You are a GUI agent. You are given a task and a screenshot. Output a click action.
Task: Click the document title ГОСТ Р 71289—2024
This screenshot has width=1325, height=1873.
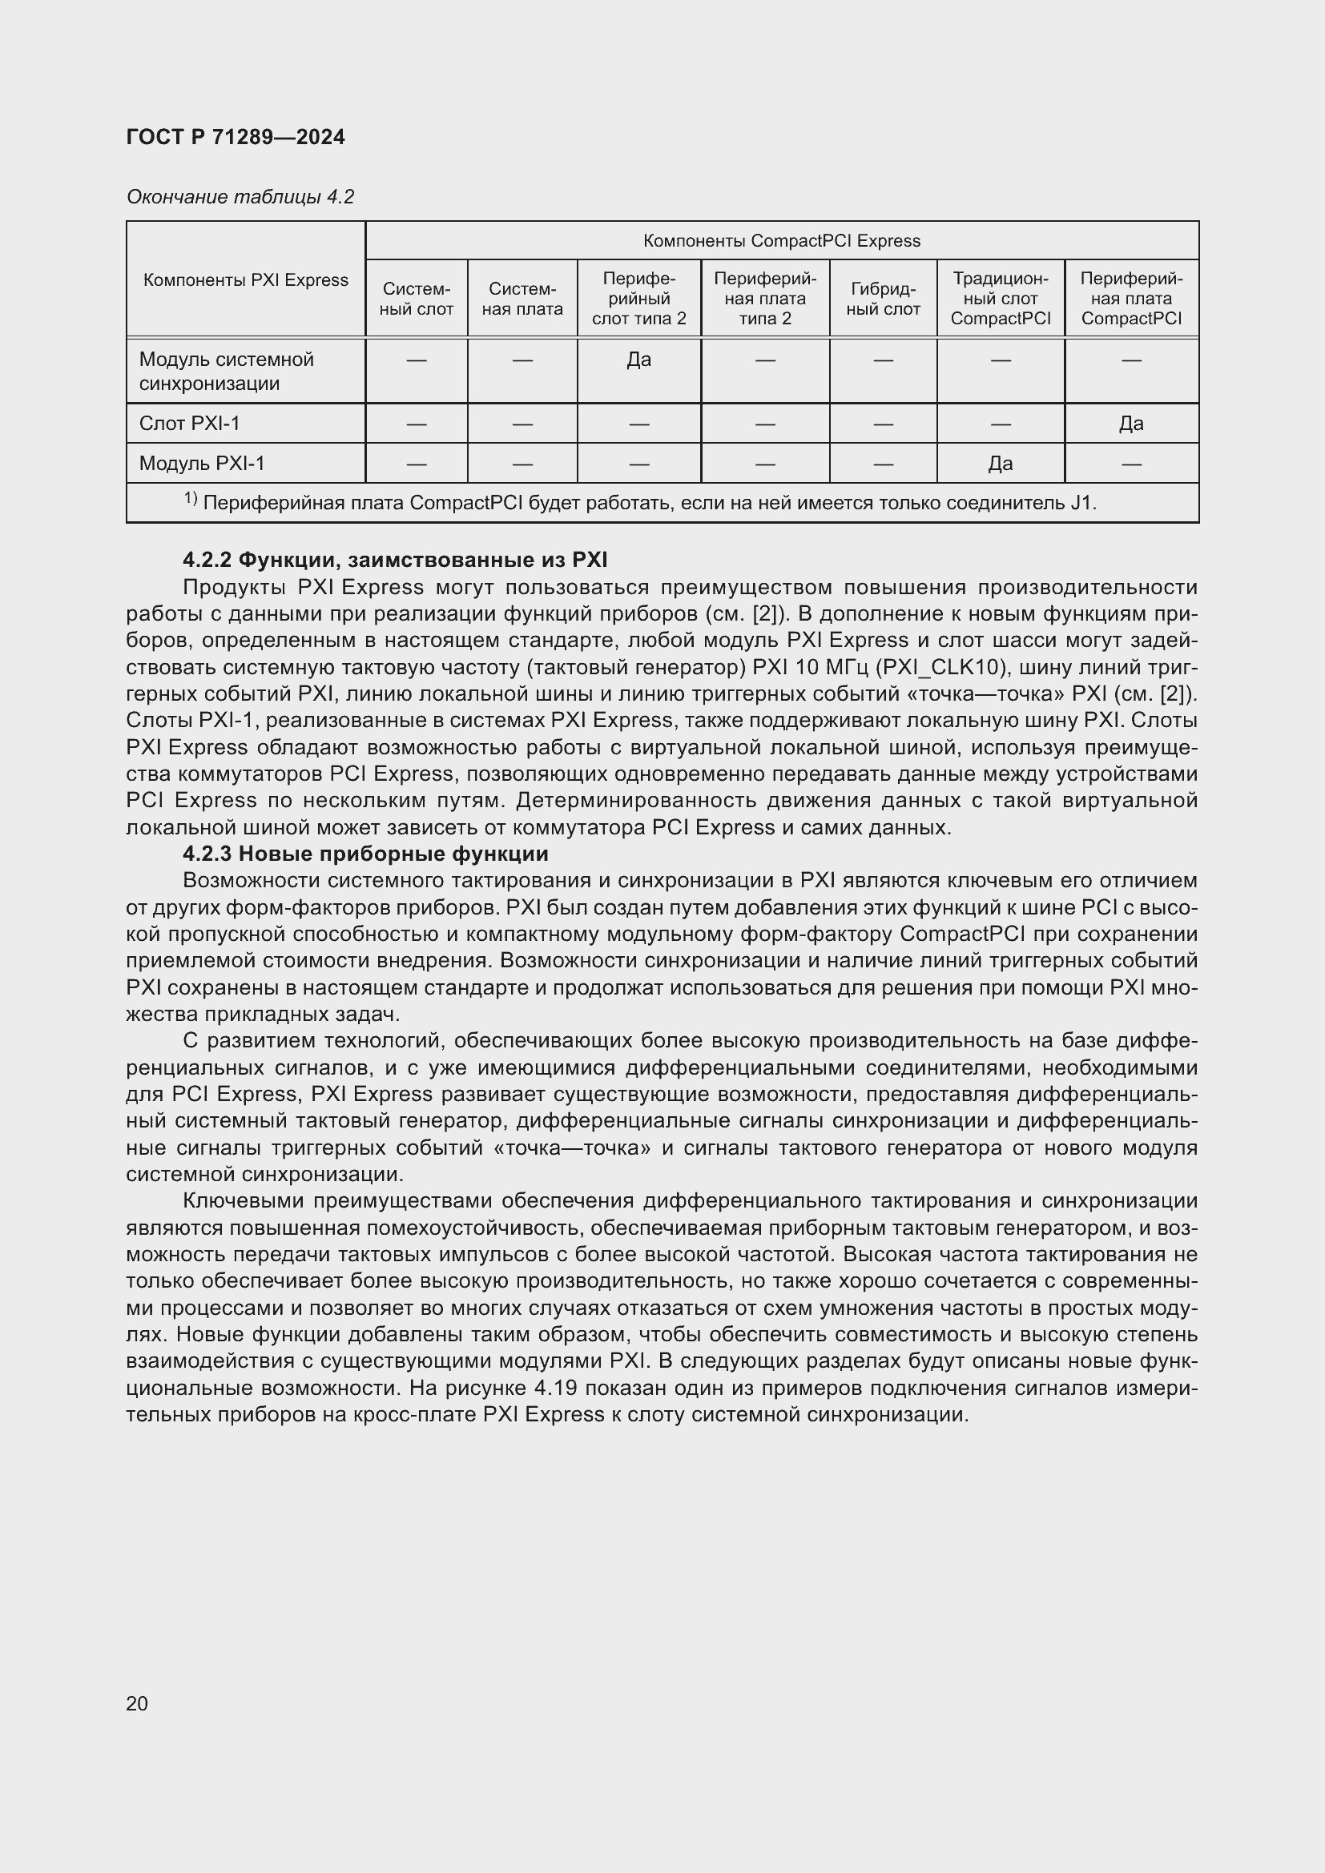pyautogui.click(x=235, y=137)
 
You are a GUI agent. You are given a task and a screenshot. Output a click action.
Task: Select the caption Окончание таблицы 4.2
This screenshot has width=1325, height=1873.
pyautogui.click(x=240, y=197)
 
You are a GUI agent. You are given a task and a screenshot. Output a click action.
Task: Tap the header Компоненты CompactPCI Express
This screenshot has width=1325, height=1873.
pyautogui.click(x=781, y=241)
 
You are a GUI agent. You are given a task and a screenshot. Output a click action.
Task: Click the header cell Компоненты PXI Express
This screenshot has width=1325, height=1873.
pyautogui.click(x=246, y=279)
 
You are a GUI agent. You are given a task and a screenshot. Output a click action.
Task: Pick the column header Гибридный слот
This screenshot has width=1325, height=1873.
pyautogui.click(x=883, y=299)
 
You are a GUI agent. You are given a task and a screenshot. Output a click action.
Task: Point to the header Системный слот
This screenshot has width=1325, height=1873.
pyautogui.click(x=416, y=299)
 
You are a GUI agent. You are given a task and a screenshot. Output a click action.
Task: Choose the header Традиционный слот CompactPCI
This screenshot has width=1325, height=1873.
pyautogui.click(x=1001, y=299)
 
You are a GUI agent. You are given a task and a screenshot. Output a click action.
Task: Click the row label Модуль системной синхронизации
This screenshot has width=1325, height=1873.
pyautogui.click(x=226, y=372)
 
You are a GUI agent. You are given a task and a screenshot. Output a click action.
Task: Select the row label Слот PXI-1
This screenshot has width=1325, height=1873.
pyautogui.click(x=189, y=424)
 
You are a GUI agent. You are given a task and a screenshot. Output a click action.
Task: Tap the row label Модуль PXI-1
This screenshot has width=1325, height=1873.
pyautogui.click(x=202, y=464)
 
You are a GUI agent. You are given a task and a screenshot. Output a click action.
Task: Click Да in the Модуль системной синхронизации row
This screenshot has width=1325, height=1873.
pyautogui.click(x=638, y=360)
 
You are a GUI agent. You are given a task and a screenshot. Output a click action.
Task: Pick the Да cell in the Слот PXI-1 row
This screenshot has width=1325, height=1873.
pyautogui.click(x=1131, y=424)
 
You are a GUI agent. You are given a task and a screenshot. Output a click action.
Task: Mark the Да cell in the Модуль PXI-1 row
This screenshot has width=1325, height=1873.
pyautogui.click(x=1001, y=464)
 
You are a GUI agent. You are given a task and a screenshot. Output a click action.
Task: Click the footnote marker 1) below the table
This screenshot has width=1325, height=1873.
pyautogui.click(x=190, y=498)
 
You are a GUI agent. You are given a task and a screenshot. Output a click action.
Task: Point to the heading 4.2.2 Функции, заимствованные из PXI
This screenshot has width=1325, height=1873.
pyautogui.click(x=395, y=560)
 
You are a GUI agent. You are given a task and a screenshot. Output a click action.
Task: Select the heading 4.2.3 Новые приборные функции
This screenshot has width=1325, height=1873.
pyautogui.click(x=365, y=854)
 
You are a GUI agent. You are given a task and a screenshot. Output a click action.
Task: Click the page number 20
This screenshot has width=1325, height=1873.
pyautogui.click(x=137, y=1703)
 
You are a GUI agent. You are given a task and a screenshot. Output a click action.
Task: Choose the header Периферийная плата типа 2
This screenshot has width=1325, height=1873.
pyautogui.click(x=764, y=299)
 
